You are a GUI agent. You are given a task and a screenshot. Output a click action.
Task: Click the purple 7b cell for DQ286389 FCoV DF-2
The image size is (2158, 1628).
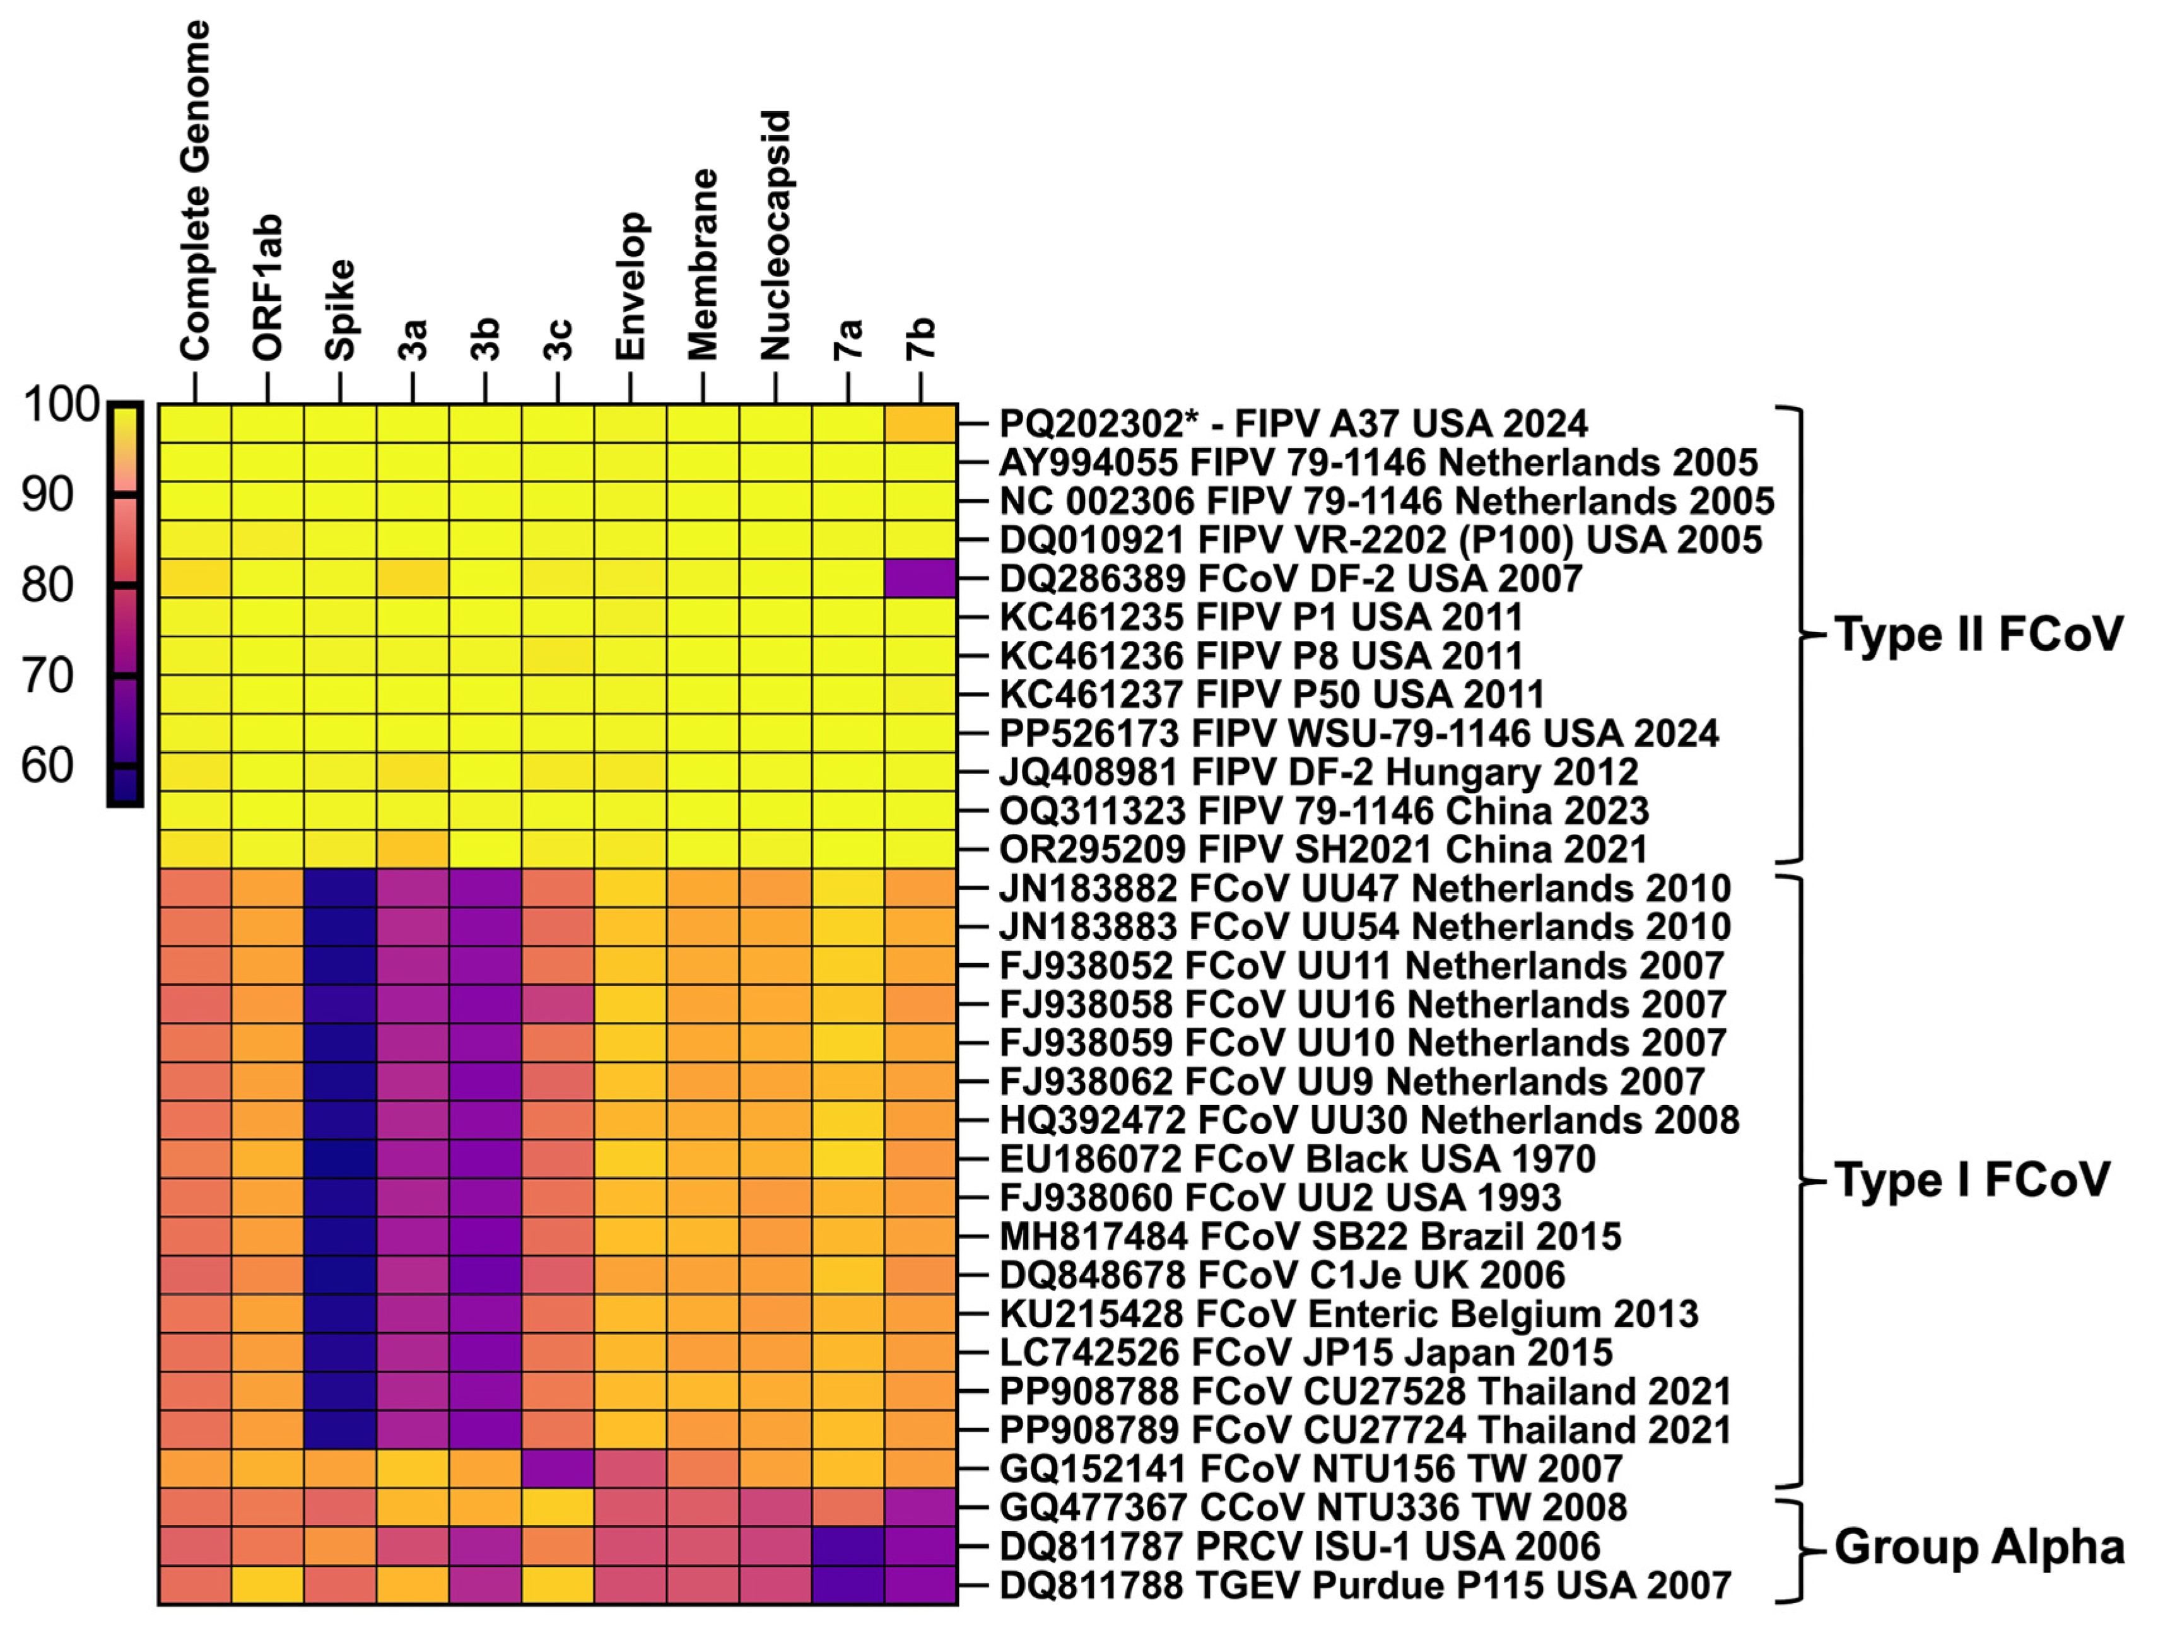click(x=920, y=578)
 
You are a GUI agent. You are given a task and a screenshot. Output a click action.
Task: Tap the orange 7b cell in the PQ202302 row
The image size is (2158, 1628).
click(x=920, y=423)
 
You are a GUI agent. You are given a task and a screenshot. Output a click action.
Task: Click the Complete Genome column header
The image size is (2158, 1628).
click(x=194, y=190)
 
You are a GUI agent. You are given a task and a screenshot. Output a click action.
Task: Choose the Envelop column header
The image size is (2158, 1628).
click(x=630, y=286)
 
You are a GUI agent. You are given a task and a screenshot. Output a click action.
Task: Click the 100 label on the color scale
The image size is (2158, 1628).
click(x=61, y=405)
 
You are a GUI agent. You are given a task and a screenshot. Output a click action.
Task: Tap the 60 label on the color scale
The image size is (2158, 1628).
click(x=47, y=766)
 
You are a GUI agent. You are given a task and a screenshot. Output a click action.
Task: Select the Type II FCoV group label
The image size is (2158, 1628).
click(x=1978, y=634)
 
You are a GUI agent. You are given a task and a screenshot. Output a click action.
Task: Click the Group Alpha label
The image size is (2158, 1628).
click(x=1978, y=1547)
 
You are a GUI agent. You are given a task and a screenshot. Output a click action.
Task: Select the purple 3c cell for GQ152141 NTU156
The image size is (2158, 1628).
click(x=557, y=1468)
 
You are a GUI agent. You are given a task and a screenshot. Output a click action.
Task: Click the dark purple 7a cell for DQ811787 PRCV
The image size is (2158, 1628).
click(x=848, y=1546)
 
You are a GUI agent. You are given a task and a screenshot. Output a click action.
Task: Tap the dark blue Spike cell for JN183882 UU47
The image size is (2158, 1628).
click(x=339, y=887)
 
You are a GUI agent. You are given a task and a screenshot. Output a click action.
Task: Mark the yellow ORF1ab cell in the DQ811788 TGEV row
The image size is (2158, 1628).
click(x=267, y=1585)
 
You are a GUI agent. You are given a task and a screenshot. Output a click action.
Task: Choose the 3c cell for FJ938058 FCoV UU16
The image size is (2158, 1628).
click(x=557, y=1004)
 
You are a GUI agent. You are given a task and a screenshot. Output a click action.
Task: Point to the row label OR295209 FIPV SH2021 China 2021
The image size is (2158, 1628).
click(x=1323, y=850)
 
